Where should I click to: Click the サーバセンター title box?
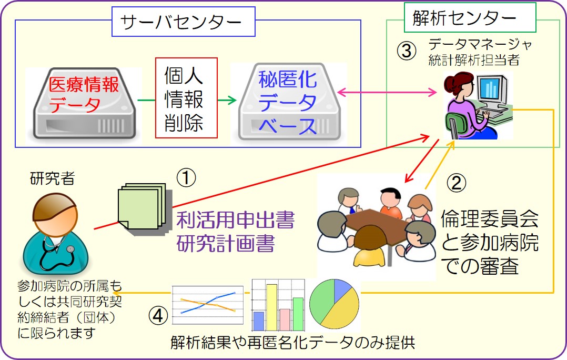[184, 22]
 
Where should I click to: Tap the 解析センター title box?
[470, 17]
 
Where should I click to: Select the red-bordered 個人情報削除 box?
[186, 98]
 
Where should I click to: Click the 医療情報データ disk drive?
[84, 103]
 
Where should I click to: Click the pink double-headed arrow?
[387, 93]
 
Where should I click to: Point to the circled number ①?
[186, 178]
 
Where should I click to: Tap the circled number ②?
[457, 183]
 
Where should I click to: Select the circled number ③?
[407, 51]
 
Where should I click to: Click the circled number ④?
[158, 316]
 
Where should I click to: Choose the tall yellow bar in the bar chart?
[272, 307]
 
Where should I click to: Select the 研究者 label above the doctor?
[52, 178]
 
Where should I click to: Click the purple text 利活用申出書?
[236, 220]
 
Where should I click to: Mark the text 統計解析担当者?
[474, 60]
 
